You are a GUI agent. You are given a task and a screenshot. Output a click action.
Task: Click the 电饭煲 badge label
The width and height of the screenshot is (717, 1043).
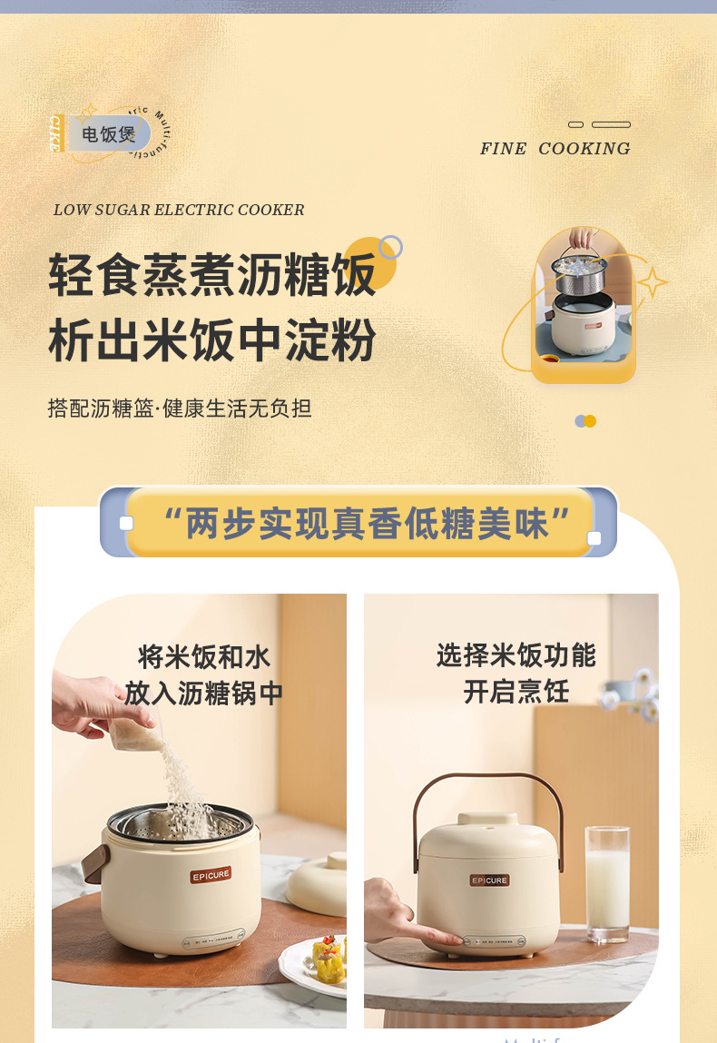[109, 134]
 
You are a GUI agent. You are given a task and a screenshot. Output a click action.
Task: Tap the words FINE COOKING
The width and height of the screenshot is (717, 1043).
[555, 149]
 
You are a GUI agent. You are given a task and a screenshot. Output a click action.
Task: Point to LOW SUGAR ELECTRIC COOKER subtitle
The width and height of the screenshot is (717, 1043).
[179, 211]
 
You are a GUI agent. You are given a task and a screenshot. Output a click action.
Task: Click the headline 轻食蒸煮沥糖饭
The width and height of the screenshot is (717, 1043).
[212, 275]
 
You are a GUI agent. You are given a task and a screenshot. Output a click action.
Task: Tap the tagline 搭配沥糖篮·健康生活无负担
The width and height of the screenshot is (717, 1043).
[180, 408]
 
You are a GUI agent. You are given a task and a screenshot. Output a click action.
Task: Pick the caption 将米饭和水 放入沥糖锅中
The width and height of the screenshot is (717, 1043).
[203, 674]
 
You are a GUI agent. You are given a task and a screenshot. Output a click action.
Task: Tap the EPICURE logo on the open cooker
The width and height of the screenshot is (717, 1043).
[211, 876]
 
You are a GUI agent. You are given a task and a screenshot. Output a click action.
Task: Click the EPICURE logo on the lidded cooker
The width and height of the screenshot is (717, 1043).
[489, 880]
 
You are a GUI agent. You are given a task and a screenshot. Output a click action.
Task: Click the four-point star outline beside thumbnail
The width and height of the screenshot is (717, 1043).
[652, 282]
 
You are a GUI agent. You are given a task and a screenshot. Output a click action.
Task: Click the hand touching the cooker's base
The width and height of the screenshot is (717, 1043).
[399, 919]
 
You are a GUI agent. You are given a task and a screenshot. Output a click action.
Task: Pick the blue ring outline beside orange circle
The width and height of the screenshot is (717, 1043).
[391, 246]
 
